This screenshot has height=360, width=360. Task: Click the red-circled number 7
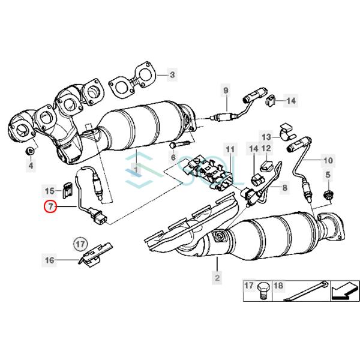(50, 207)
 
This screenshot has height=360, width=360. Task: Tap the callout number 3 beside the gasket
(172, 75)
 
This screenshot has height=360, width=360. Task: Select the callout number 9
(226, 90)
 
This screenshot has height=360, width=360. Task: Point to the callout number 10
(328, 161)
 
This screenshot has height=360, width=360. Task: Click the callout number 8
(284, 188)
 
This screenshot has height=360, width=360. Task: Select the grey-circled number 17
(80, 244)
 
